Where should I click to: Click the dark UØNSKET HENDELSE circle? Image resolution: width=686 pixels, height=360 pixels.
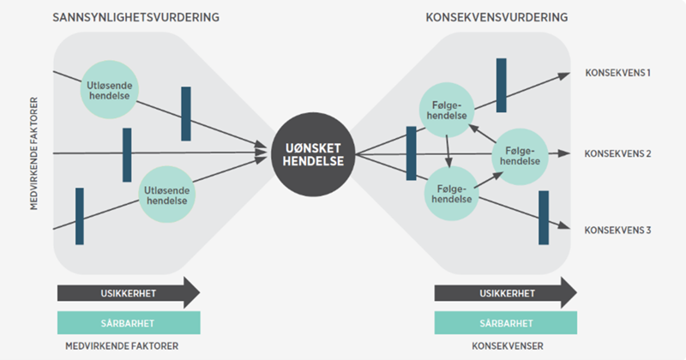point(313,155)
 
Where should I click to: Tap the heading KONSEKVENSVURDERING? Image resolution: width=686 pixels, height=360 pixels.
point(496,18)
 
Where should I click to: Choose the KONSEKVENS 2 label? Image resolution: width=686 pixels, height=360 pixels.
point(617,154)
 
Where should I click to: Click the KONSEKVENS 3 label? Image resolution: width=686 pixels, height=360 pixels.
point(617,230)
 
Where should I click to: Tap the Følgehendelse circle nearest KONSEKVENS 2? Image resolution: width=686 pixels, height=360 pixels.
point(520,155)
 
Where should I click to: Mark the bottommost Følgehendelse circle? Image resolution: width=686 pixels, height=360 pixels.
point(450,193)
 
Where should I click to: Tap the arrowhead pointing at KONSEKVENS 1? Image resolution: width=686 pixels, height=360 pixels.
point(563,75)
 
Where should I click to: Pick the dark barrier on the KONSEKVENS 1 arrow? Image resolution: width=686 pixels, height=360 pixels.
point(502,85)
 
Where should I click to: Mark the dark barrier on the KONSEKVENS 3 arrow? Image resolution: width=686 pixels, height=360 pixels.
point(543,218)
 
